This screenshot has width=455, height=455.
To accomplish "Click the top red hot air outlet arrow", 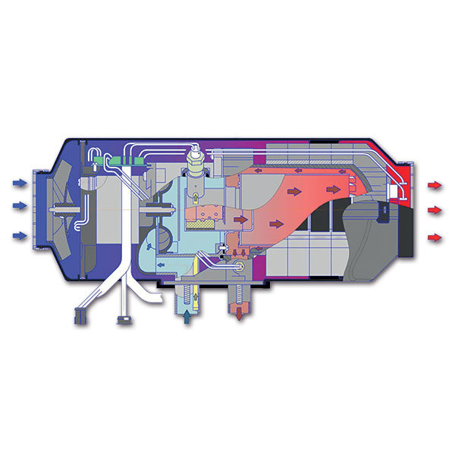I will (x=435, y=184).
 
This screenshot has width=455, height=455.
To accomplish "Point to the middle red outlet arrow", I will (x=435, y=210).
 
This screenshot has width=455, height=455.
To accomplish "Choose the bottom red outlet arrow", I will (x=435, y=238).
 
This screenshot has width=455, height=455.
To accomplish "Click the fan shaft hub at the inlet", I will (x=55, y=209).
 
